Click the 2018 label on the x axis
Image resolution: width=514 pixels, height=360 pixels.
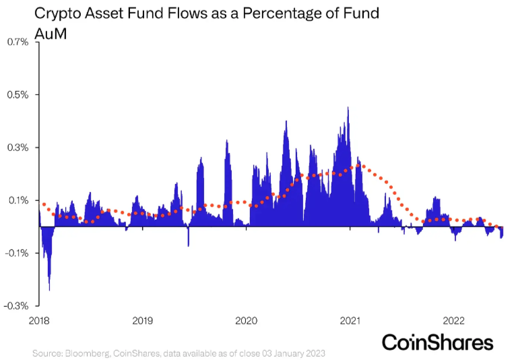pos(40,320)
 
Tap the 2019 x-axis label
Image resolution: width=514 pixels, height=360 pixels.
pos(141,320)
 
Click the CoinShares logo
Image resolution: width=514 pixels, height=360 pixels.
pos(437,342)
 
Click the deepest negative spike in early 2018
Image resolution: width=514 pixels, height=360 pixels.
pos(50,289)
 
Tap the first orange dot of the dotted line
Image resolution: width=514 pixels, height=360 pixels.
pos(44,204)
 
